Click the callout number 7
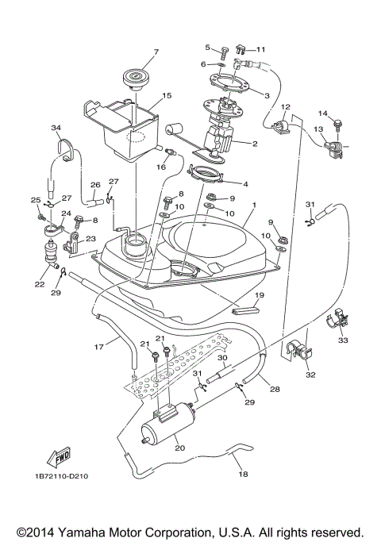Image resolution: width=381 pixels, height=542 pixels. click(x=156, y=52)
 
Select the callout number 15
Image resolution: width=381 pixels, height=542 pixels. click(x=167, y=95)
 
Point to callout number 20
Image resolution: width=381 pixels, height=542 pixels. click(x=179, y=448)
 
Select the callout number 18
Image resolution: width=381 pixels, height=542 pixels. click(x=243, y=475)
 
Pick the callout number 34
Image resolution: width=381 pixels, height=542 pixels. click(x=56, y=128)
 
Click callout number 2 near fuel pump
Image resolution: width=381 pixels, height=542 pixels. click(x=255, y=144)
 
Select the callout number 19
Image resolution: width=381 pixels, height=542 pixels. click(x=258, y=295)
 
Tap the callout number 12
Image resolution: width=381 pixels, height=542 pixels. click(x=287, y=106)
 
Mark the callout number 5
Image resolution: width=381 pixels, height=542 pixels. click(x=207, y=48)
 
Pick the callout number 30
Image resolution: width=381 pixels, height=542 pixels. click(x=223, y=358)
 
